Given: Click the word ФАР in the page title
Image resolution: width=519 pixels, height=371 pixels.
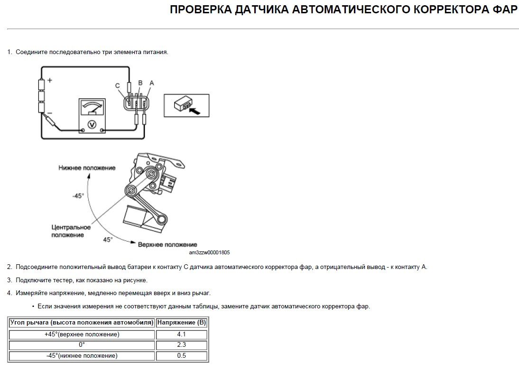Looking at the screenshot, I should click(x=502, y=10).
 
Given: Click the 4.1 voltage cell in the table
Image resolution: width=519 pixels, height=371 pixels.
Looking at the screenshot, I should click(x=182, y=334).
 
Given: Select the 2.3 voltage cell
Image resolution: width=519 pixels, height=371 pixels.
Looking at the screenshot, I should click(x=182, y=345).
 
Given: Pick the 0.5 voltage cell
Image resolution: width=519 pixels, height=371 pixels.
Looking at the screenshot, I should click(x=182, y=355).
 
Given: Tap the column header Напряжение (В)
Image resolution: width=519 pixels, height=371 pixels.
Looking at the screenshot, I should click(x=182, y=323).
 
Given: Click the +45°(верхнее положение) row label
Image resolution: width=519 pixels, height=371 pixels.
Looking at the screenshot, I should click(x=82, y=334).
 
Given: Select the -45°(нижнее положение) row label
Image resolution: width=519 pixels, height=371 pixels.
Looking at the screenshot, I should click(x=82, y=355).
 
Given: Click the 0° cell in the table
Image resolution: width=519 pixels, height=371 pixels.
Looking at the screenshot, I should click(x=82, y=345).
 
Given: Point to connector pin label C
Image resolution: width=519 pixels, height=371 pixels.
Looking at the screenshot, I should click(x=118, y=85).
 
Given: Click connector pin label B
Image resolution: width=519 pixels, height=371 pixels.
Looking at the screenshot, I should click(x=140, y=83).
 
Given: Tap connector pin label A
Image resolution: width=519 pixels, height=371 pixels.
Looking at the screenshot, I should click(x=151, y=83).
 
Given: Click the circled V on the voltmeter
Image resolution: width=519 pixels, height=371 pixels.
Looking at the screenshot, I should click(x=93, y=124).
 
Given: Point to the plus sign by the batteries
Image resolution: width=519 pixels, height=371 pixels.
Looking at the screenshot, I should click(x=49, y=81).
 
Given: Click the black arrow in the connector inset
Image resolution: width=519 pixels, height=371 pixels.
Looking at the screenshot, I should click(x=195, y=110).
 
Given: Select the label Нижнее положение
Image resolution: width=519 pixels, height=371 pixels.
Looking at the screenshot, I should click(x=87, y=168).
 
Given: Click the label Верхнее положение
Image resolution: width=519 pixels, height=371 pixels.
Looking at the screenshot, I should click(x=161, y=244).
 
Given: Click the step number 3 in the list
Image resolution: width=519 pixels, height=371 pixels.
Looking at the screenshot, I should click(x=9, y=280).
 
